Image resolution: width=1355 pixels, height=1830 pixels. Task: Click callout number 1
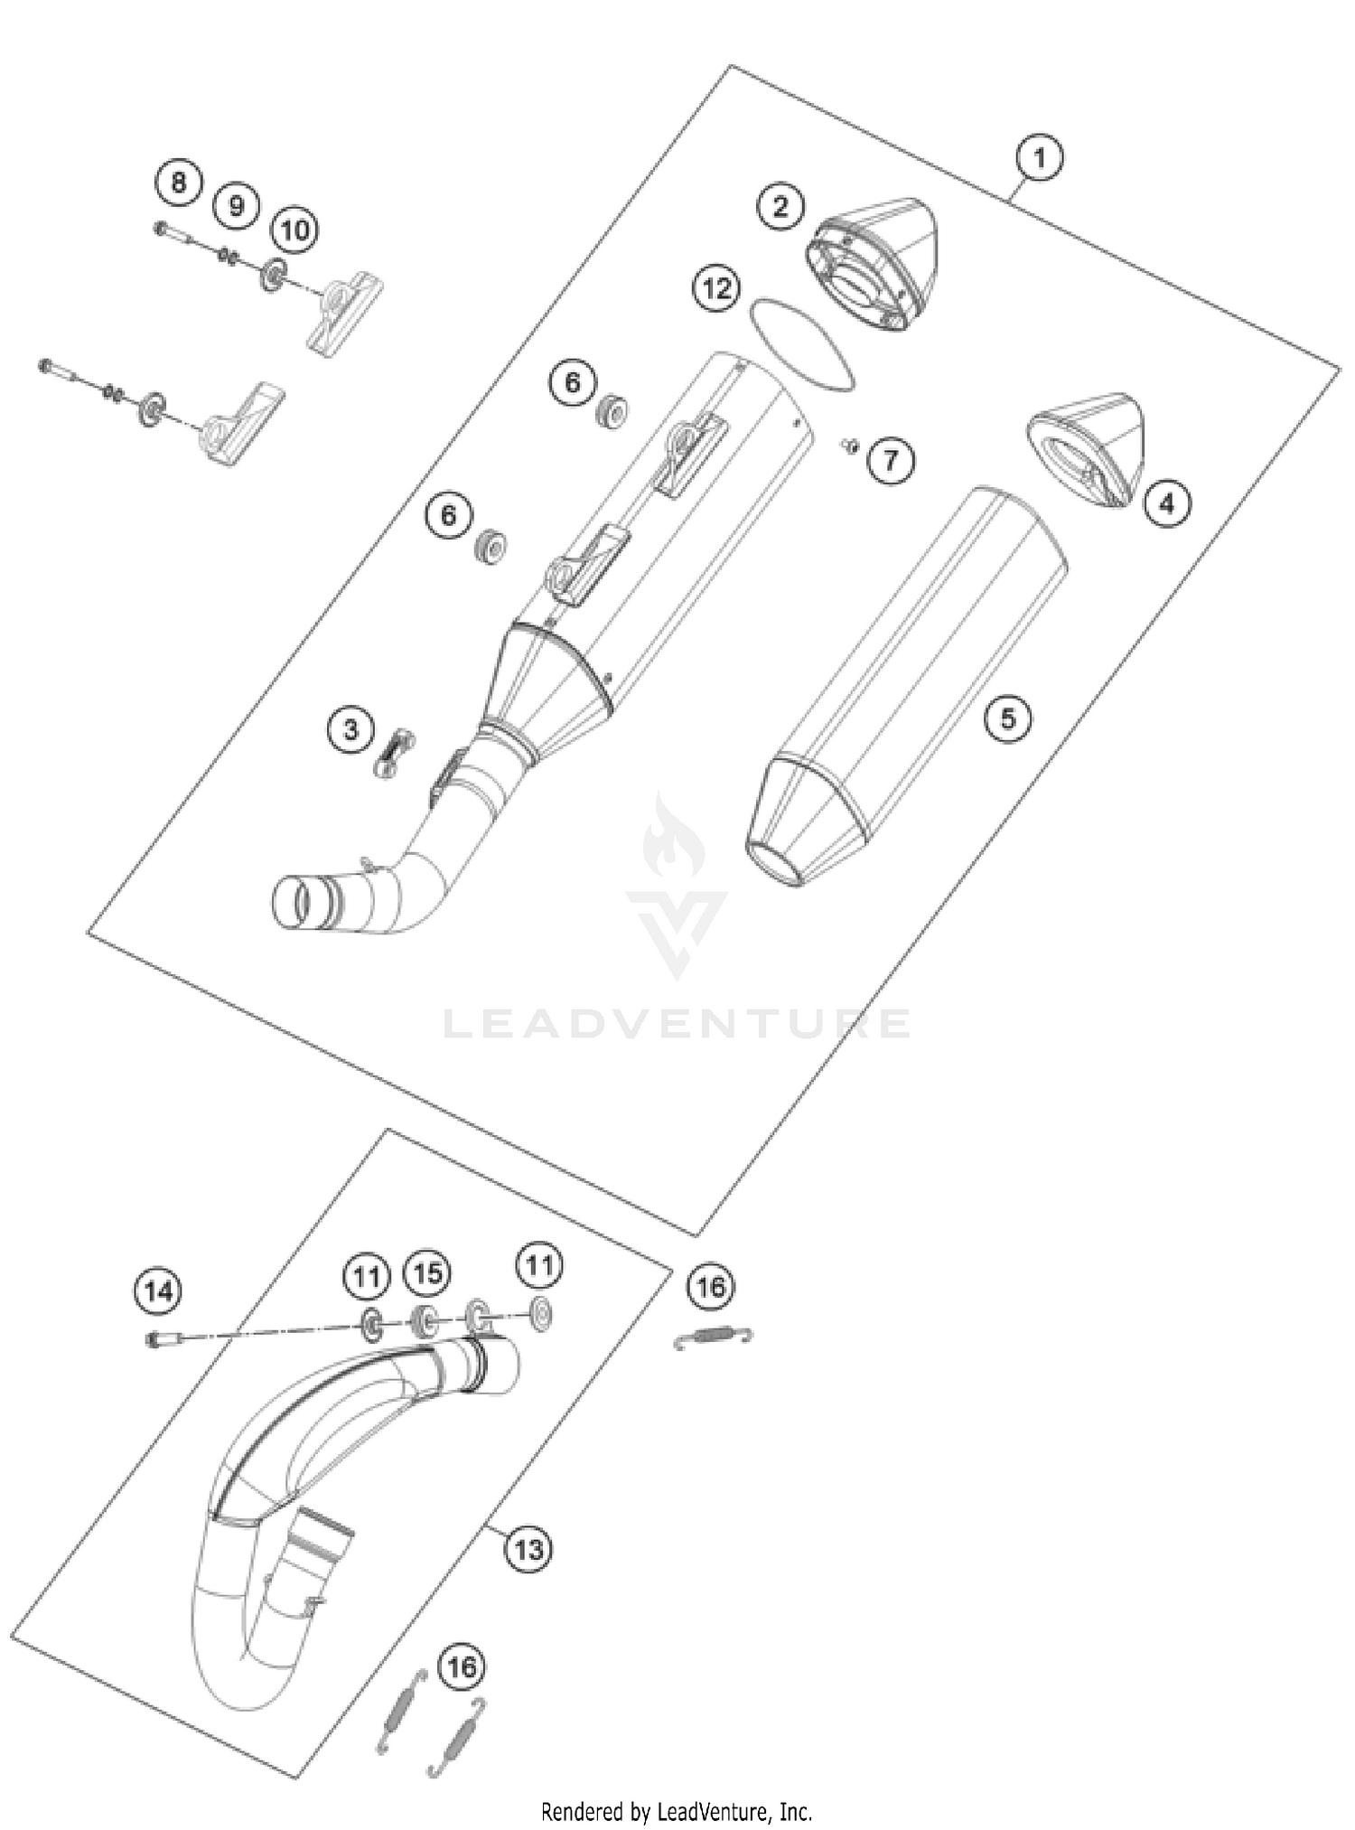[1039, 158]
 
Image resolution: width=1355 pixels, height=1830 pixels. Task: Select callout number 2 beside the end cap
[780, 206]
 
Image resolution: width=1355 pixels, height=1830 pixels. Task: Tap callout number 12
[716, 289]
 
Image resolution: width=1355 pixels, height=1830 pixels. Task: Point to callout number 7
[891, 461]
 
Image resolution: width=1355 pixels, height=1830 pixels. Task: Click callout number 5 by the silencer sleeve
[1007, 718]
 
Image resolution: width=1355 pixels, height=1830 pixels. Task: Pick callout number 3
[351, 728]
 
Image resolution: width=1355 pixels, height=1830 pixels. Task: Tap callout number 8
[179, 183]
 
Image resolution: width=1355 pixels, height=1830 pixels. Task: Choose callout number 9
[236, 206]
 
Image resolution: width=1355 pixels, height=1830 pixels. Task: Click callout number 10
[294, 230]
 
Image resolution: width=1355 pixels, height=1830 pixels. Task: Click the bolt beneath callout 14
[163, 1339]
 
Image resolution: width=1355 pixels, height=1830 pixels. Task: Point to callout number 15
[427, 1273]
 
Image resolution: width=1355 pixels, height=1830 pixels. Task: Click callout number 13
[528, 1550]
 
